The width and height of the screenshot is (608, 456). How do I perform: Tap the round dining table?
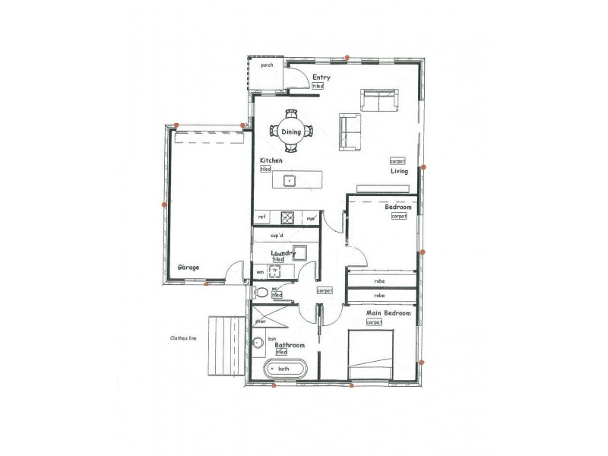(291, 131)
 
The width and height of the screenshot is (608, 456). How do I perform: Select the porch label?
(266, 65)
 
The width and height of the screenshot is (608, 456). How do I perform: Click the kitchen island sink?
(290, 180)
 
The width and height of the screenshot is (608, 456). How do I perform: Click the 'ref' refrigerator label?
(261, 217)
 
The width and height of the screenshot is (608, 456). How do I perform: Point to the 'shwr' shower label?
(261, 320)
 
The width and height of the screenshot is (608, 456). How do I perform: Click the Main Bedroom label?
(388, 313)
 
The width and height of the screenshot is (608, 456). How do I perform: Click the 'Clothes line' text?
(183, 339)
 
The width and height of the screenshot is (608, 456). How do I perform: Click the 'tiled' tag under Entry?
(318, 87)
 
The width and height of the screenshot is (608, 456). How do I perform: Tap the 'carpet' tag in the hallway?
(325, 290)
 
